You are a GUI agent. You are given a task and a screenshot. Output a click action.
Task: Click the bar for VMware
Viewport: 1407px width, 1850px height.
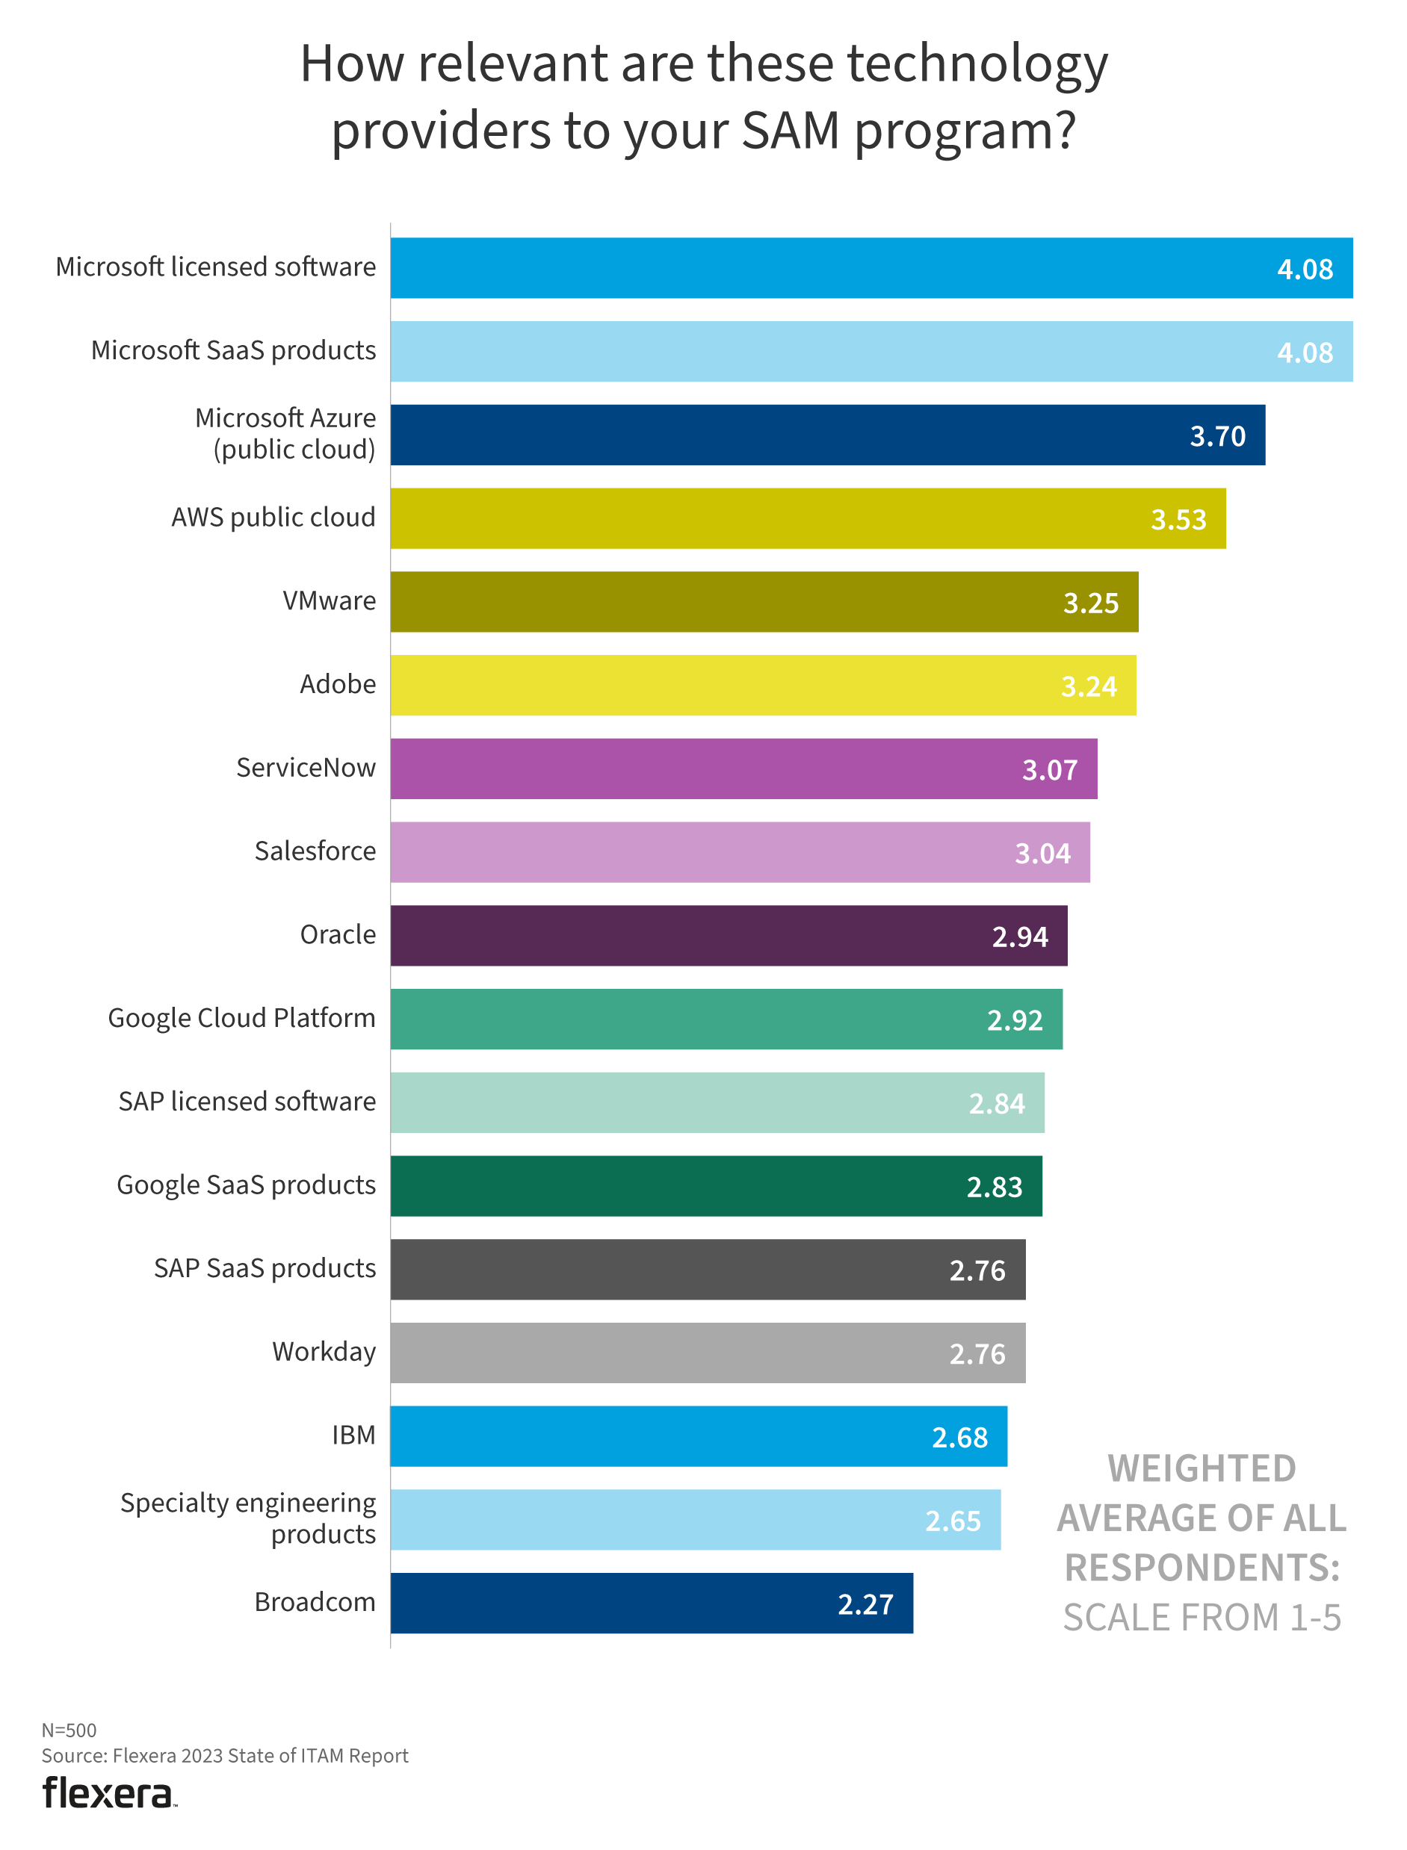tap(764, 602)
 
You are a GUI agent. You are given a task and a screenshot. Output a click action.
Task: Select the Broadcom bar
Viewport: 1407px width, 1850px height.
tap(652, 1603)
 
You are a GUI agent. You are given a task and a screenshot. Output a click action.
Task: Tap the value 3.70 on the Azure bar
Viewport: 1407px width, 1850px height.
tap(1217, 436)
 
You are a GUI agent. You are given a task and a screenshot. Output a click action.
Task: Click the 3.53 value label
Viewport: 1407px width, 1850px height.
tap(1178, 520)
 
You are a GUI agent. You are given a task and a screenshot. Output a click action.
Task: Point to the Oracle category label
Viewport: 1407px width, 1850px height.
tap(338, 934)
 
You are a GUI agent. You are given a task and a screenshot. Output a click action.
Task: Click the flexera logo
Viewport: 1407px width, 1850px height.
tap(108, 1794)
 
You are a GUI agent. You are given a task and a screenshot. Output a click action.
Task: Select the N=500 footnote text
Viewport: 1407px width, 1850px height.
tap(69, 1731)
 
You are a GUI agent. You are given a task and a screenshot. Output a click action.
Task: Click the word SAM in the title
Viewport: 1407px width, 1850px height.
tap(790, 131)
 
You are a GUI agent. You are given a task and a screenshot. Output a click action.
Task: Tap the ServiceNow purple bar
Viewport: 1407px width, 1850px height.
tap(743, 769)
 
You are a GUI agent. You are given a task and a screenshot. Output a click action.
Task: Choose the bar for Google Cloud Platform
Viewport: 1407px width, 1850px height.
tap(726, 1019)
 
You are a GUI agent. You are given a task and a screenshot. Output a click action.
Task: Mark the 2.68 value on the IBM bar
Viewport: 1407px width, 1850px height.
tap(959, 1437)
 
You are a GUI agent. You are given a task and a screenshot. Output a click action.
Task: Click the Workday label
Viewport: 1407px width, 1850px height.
tap(324, 1352)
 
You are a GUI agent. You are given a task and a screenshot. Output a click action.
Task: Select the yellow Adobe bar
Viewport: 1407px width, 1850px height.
tap(763, 686)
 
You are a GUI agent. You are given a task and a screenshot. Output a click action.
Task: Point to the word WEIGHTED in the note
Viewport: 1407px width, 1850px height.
tap(1202, 1469)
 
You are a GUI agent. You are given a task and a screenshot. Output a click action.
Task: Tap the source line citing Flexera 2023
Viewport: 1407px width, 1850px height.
tap(224, 1755)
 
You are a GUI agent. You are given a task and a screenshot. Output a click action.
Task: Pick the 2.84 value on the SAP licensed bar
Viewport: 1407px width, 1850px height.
tap(997, 1103)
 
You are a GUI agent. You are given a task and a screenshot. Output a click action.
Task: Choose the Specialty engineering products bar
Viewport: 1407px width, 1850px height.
tap(695, 1519)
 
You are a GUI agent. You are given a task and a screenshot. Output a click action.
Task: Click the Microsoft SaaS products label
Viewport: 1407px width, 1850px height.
tap(233, 350)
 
